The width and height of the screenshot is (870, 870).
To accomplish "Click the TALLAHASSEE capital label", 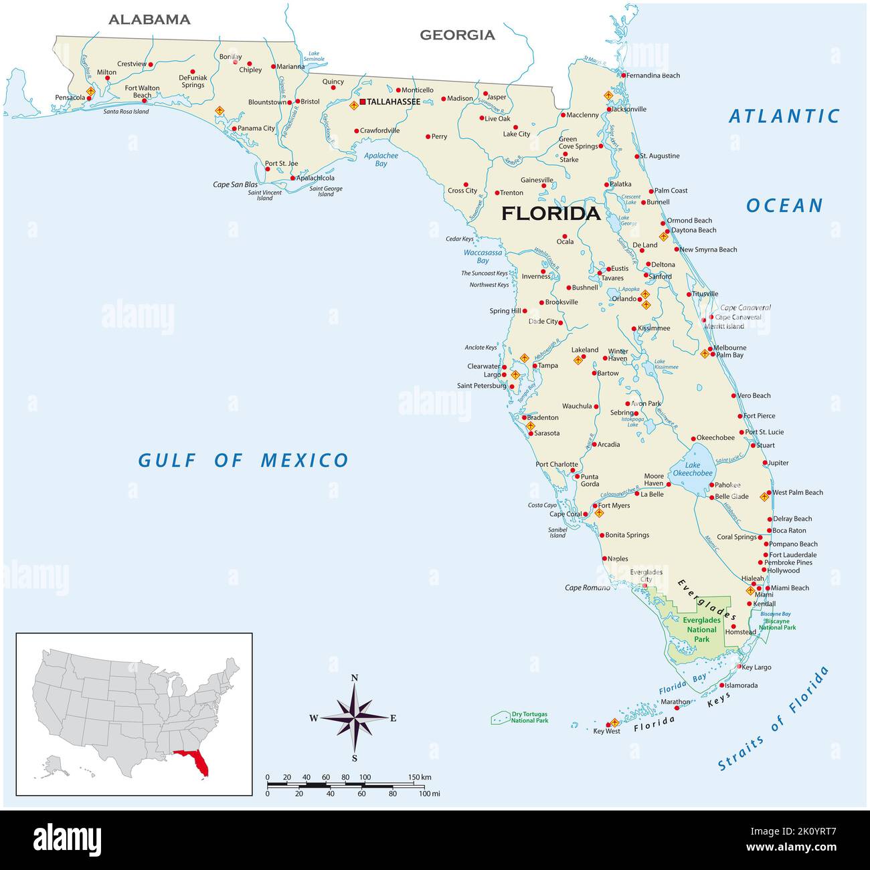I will [x=394, y=102].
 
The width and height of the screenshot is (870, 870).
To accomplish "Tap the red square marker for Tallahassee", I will [x=362, y=102].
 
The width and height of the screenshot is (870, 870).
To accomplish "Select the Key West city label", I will [x=607, y=731].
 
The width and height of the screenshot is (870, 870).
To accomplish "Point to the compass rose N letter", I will [x=355, y=678].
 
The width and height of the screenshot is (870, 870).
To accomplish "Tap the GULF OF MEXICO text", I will [x=243, y=460].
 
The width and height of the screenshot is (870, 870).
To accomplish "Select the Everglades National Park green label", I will [x=701, y=629].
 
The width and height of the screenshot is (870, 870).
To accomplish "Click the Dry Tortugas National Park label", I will [x=529, y=718].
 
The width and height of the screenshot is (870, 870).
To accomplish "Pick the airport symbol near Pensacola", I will [x=91, y=91].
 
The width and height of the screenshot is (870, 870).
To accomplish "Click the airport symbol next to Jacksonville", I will [x=608, y=96].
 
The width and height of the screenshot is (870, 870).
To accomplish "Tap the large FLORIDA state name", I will [x=551, y=213].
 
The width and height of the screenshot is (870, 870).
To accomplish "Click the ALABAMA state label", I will [x=149, y=19].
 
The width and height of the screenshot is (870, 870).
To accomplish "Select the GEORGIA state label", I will [x=457, y=35].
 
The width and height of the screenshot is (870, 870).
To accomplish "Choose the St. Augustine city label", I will [x=659, y=156].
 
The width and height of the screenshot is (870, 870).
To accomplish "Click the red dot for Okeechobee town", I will [x=693, y=439].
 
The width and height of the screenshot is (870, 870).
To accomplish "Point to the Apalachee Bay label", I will [x=381, y=159].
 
